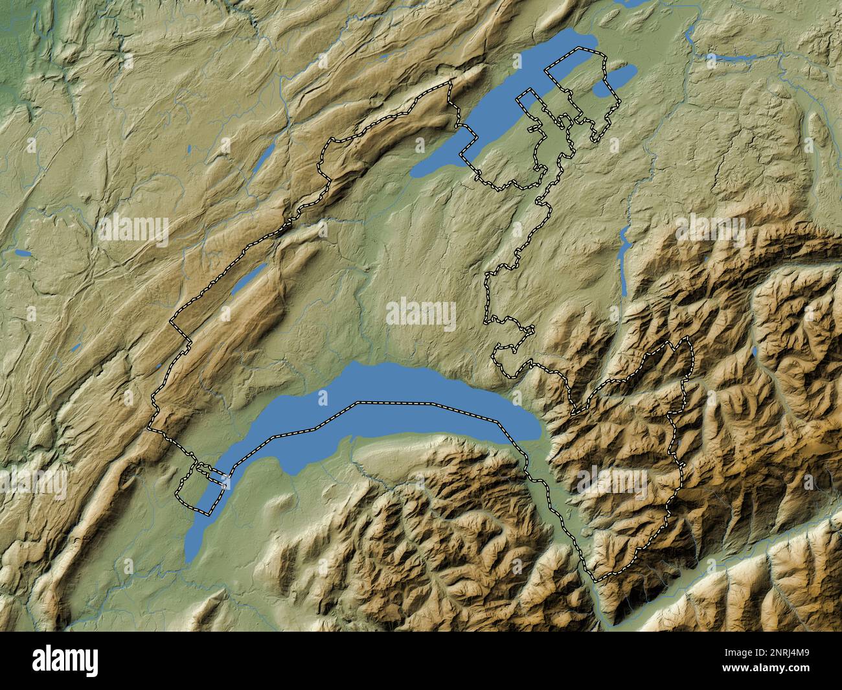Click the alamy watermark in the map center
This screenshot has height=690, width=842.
pyautogui.click(x=421, y=313)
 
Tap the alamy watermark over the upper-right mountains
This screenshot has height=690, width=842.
pyautogui.click(x=709, y=230)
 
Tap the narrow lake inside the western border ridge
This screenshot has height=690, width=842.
pyautogui.click(x=249, y=277)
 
